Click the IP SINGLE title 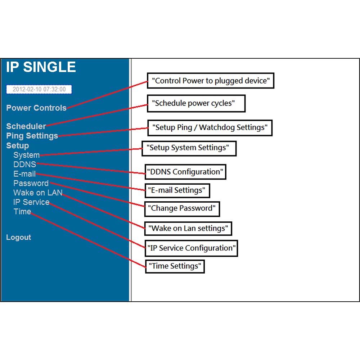pyautogui.click(x=41, y=67)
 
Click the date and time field pyautogui.click(x=39, y=89)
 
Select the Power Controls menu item pyautogui.click(x=36, y=108)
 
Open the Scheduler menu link pyautogui.click(x=26, y=126)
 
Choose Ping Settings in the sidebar pyautogui.click(x=32, y=136)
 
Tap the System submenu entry pyautogui.click(x=26, y=155)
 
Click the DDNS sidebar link pyautogui.click(x=25, y=165)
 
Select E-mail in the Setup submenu pyautogui.click(x=24, y=174)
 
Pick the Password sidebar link pyautogui.click(x=31, y=183)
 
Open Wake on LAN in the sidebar pyautogui.click(x=38, y=193)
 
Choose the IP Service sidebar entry pyautogui.click(x=31, y=202)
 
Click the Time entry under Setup pyautogui.click(x=22, y=211)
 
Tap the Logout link pyautogui.click(x=19, y=237)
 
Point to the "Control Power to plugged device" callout pyautogui.click(x=211, y=81)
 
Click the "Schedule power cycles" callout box pyautogui.click(x=196, y=103)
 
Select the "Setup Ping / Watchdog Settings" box pyautogui.click(x=210, y=128)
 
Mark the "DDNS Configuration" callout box pyautogui.click(x=185, y=172)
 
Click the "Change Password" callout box pyautogui.click(x=182, y=209)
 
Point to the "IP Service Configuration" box pyautogui.click(x=191, y=248)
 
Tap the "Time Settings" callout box pyautogui.click(x=175, y=266)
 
